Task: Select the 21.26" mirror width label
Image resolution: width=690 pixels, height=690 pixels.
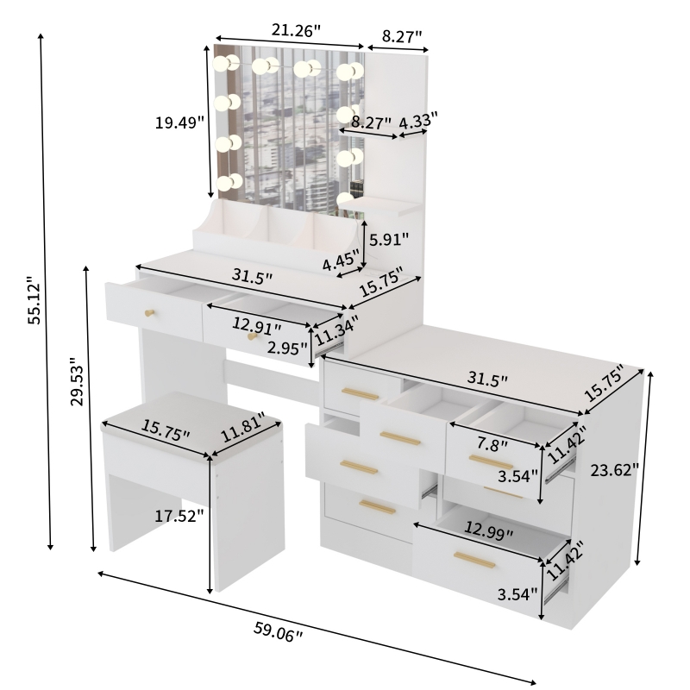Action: click(296, 30)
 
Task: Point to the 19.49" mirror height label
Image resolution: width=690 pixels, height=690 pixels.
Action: click(179, 122)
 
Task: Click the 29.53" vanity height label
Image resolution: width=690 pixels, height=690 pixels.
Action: click(78, 382)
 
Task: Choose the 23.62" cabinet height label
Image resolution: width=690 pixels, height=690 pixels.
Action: click(614, 470)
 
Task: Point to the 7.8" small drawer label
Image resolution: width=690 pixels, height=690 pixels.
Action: click(492, 444)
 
